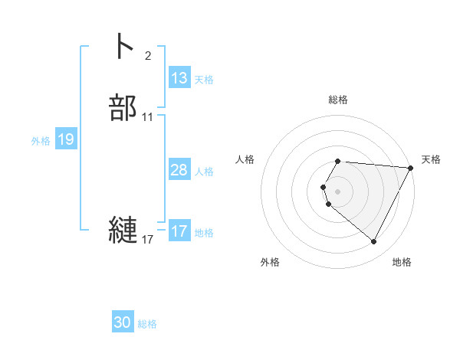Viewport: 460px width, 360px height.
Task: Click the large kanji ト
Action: [x=123, y=45]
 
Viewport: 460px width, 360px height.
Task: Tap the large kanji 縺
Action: [x=123, y=231]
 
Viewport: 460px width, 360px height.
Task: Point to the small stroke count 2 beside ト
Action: [x=147, y=55]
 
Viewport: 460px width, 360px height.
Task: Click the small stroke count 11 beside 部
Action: [x=148, y=117]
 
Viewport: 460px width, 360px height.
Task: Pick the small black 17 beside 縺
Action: [x=148, y=240]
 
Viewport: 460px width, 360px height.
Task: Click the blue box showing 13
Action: [x=179, y=78]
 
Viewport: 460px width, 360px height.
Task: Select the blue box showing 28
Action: [x=179, y=170]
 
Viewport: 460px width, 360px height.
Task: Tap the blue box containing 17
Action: [x=179, y=231]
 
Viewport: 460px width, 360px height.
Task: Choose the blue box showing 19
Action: [x=66, y=139]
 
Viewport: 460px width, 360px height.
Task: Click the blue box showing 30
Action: [x=123, y=323]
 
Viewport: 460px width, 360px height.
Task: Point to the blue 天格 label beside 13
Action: [x=204, y=79]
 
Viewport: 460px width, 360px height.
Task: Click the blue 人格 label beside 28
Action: [x=204, y=171]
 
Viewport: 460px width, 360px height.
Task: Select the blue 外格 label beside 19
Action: [x=41, y=140]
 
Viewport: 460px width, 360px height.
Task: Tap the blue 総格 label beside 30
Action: [x=147, y=324]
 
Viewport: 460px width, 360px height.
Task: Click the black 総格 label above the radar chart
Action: [x=338, y=100]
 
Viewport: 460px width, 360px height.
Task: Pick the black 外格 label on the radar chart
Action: [x=270, y=262]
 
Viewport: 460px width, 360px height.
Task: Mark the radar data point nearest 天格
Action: [x=412, y=168]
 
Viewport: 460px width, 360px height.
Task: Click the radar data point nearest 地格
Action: [x=374, y=242]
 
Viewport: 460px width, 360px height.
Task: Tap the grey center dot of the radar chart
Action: [x=338, y=191]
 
